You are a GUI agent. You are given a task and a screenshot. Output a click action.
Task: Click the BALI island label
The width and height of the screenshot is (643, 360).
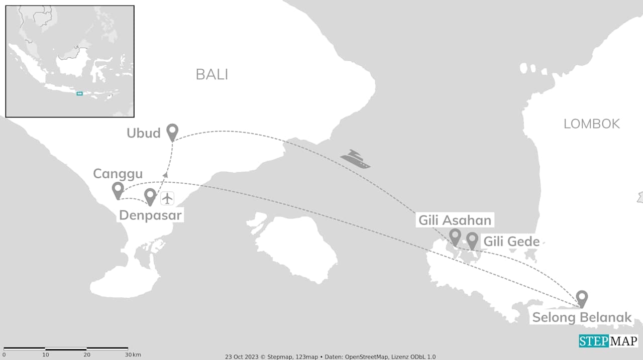pos(211,74)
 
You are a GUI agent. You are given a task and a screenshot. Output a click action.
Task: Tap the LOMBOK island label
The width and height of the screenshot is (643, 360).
pos(591,124)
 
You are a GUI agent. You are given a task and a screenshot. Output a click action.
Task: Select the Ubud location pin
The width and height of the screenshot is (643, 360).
pos(172,132)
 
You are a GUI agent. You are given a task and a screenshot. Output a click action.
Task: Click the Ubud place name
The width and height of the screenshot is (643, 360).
pos(143,133)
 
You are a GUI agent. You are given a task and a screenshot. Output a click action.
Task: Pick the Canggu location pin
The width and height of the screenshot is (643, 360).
pos(118,190)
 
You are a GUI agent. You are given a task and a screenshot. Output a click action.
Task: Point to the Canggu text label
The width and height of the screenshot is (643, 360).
pos(118,174)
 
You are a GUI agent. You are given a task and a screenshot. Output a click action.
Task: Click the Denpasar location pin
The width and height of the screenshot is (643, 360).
pos(150,196)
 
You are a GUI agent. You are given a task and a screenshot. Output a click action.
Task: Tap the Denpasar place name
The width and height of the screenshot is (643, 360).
pos(150,216)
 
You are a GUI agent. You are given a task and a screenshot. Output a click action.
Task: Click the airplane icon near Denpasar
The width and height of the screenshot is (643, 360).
pos(167,198)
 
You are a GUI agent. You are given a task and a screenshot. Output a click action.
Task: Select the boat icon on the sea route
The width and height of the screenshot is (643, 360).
pos(355,159)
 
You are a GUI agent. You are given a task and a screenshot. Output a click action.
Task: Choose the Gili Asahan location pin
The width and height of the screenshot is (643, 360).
pos(455,236)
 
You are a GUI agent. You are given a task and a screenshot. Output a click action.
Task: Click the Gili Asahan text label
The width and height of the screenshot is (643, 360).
pos(455,220)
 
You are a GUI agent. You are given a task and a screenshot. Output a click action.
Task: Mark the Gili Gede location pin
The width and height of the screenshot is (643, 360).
pos(472,240)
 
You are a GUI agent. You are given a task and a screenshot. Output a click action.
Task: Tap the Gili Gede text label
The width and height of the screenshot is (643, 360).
pos(511,242)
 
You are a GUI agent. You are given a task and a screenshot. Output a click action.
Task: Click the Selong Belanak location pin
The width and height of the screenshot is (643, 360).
pos(582,298)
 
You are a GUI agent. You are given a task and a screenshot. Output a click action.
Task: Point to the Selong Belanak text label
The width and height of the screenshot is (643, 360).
pos(582,317)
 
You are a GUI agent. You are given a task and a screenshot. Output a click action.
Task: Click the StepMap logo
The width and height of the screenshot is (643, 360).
pos(608,341)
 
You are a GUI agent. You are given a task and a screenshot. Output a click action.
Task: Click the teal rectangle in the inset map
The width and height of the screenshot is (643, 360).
pos(79,93)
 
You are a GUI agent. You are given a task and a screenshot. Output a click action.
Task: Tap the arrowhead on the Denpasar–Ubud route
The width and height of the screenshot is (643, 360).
pos(166,175)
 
